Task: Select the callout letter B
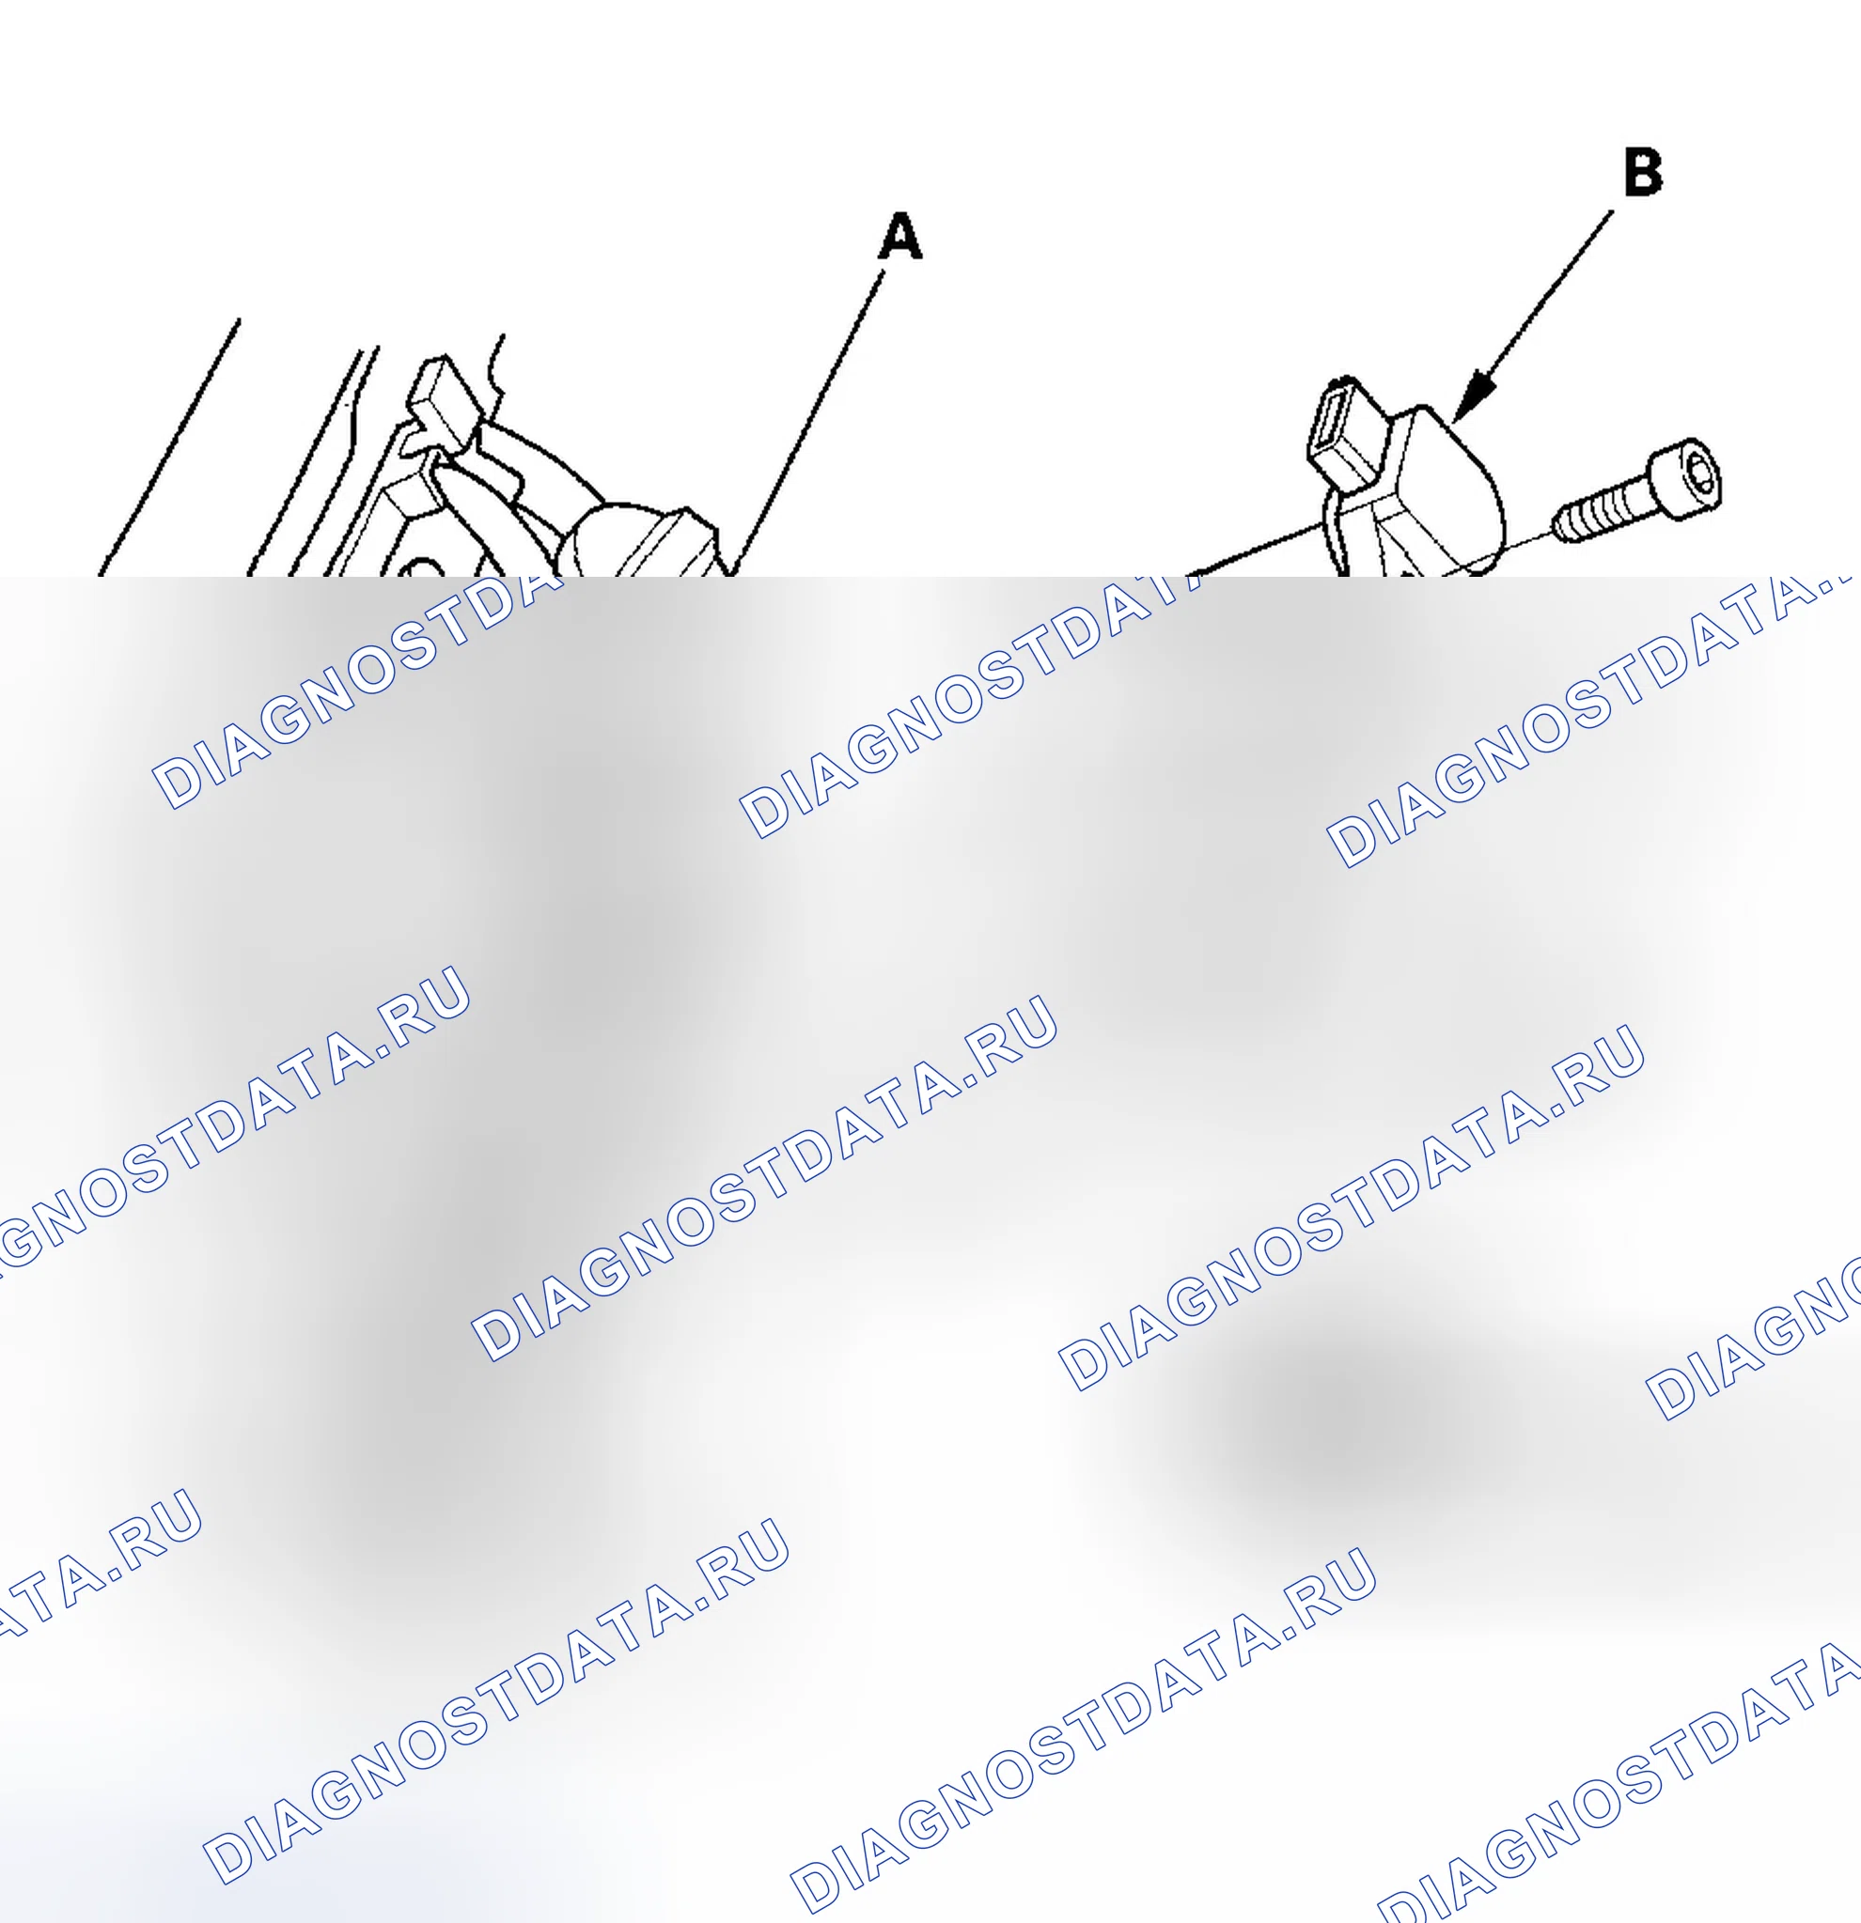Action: click(1643, 172)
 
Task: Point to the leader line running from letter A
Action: click(809, 423)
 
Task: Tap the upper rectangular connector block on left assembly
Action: click(445, 401)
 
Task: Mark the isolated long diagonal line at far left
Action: click(170, 446)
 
